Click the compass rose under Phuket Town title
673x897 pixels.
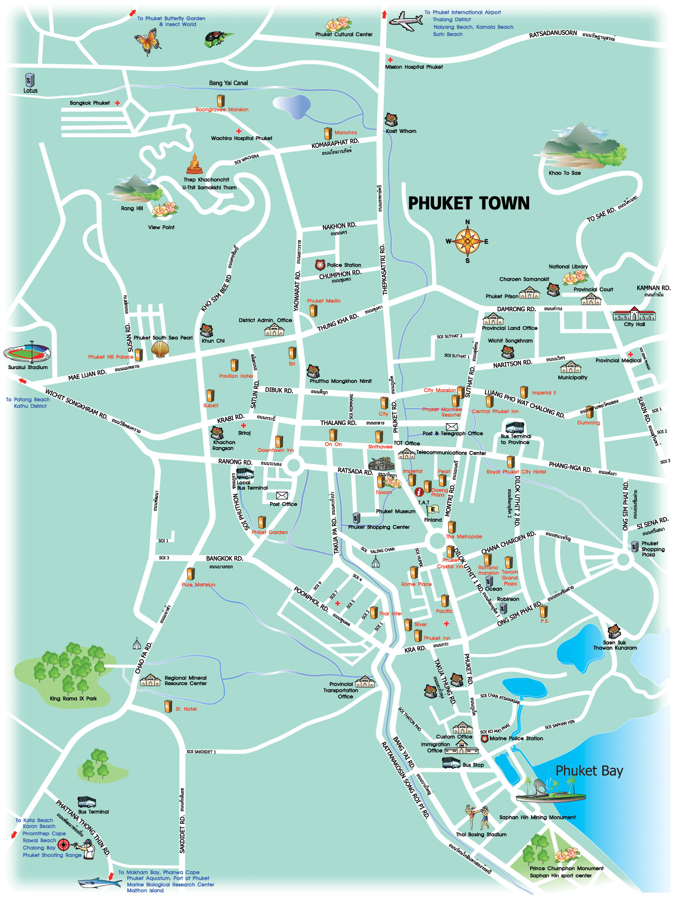467,241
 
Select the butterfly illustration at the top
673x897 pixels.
148,41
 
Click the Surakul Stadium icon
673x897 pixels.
27,353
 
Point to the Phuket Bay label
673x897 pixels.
589,771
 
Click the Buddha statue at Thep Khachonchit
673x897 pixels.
194,164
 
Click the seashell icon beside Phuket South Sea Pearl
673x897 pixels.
160,350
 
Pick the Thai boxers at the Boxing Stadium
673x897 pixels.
477,817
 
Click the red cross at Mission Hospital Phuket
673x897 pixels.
390,60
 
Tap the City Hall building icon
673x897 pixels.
634,314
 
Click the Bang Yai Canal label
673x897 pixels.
228,83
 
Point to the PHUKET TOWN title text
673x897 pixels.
468,203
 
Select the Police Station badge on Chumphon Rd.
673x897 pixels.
320,265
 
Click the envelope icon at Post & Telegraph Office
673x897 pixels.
452,426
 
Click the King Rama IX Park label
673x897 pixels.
73,699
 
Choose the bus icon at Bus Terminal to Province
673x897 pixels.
514,427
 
